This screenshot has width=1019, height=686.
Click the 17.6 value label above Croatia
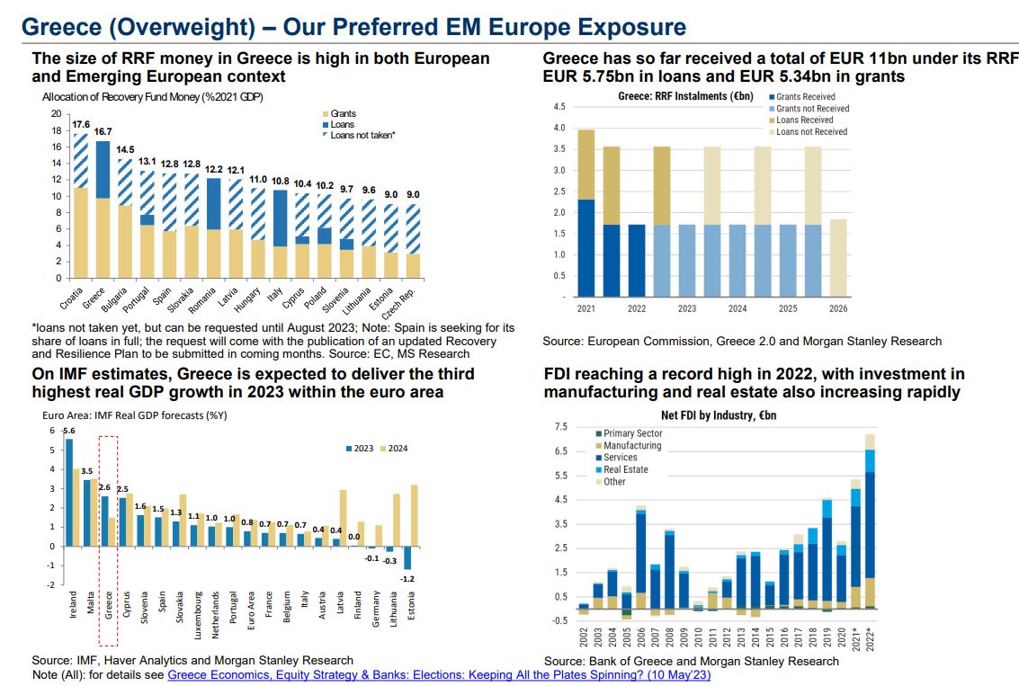click(x=81, y=124)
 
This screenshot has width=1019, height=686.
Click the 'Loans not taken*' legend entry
click(x=362, y=135)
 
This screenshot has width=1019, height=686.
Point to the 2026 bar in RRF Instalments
click(x=838, y=258)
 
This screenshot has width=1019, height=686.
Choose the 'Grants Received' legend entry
click(x=805, y=96)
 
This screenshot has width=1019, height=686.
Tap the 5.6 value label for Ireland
click(x=69, y=430)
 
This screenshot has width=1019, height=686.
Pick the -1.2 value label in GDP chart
click(x=407, y=578)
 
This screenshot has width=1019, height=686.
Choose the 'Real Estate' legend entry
click(x=625, y=469)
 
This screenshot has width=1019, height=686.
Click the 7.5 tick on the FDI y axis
click(x=561, y=426)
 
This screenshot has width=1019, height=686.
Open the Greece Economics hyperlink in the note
click(x=439, y=674)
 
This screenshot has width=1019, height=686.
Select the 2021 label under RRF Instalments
click(x=585, y=308)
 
